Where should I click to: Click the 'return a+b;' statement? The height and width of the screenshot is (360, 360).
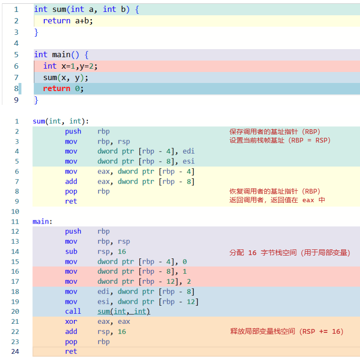tap(67, 21)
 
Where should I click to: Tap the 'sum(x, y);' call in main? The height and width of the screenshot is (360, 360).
tap(66, 78)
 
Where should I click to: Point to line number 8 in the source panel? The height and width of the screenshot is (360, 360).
tap(16, 89)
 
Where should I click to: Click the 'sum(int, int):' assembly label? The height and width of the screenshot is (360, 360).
tap(61, 121)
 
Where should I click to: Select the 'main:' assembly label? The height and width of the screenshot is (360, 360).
tap(42, 221)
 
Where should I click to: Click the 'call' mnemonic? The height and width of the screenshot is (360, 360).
tap(73, 311)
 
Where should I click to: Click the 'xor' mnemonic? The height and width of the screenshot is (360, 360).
tap(71, 321)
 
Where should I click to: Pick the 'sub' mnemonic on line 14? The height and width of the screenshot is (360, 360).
tap(71, 251)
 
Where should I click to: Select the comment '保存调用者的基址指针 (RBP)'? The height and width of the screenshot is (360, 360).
tap(275, 132)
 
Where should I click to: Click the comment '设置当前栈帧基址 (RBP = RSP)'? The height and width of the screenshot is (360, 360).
tap(280, 141)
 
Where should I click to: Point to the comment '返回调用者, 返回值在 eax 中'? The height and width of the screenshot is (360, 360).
tap(277, 200)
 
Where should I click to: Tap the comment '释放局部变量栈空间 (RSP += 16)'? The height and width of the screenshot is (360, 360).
tap(287, 331)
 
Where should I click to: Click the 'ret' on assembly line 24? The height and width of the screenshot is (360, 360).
tap(71, 351)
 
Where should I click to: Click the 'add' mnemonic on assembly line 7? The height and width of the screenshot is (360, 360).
tap(71, 181)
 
